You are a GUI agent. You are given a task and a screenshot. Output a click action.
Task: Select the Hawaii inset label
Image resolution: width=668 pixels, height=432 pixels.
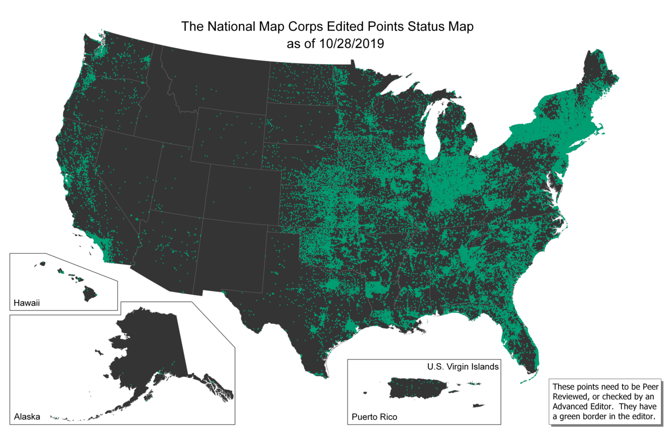pyautogui.click(x=26, y=303)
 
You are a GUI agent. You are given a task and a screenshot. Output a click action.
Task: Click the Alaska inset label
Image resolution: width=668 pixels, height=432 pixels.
pyautogui.click(x=27, y=416)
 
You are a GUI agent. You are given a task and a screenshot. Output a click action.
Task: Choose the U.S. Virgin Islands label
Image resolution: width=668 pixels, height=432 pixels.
pyautogui.click(x=462, y=366)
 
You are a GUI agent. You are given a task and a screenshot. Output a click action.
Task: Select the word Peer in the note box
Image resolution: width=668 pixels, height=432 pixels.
pyautogui.click(x=650, y=386)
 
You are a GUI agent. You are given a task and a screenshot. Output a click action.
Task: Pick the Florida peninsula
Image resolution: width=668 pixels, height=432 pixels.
pyautogui.click(x=520, y=340)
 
